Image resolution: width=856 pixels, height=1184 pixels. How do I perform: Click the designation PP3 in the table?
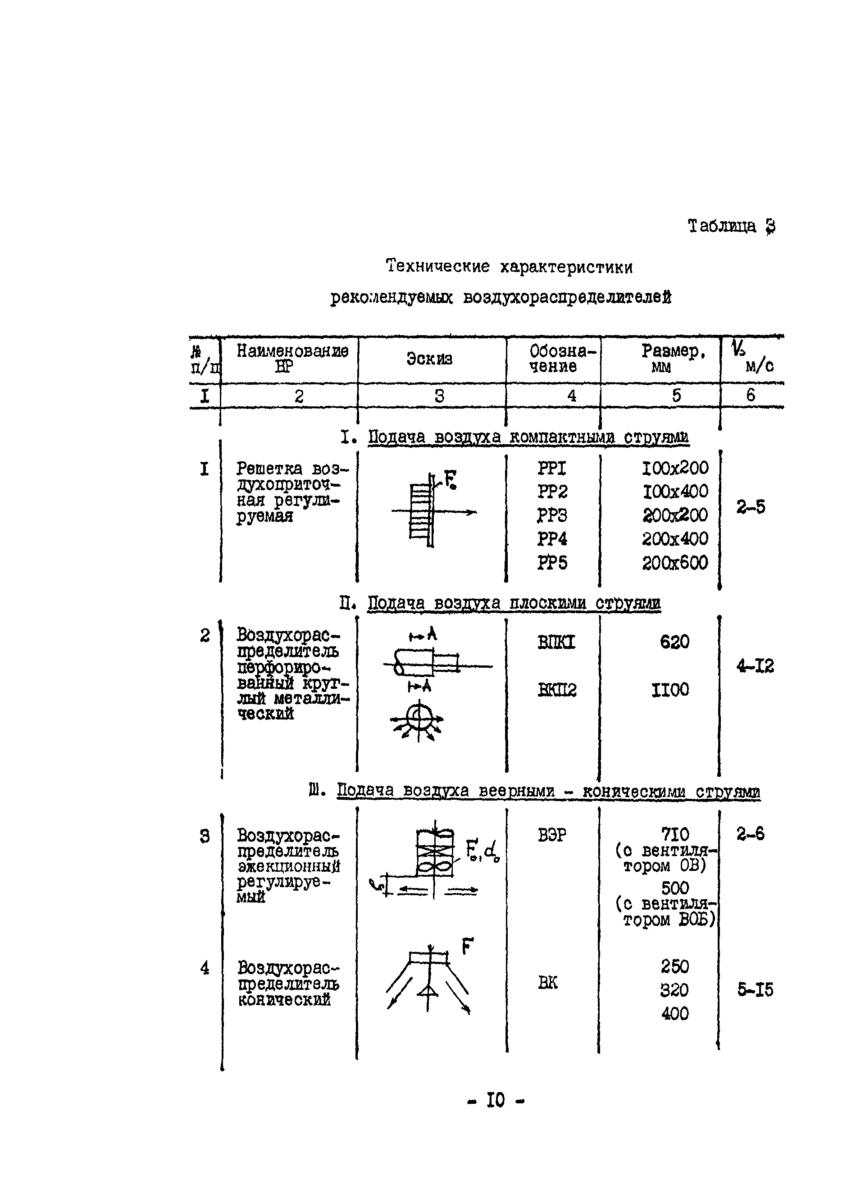point(552,515)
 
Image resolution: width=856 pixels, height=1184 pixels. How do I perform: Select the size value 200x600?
point(674,563)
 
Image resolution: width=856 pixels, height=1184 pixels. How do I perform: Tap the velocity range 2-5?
point(751,507)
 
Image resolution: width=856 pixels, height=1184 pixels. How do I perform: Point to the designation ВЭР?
point(552,835)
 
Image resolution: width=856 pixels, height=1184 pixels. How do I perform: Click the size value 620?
point(674,642)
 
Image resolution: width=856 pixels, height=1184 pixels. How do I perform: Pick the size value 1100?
point(670,690)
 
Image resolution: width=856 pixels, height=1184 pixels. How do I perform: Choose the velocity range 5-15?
point(755,989)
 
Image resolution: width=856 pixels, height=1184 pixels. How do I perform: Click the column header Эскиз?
point(429,359)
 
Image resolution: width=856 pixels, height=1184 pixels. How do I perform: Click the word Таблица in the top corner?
point(721,226)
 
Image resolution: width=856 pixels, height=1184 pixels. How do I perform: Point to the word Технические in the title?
point(437,266)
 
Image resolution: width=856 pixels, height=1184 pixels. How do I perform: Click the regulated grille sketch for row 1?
point(428,510)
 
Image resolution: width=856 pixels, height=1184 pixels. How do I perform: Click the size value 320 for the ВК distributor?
point(674,989)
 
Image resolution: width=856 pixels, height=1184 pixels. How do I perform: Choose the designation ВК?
point(547,983)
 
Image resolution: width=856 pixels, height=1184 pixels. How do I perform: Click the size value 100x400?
point(675,491)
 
